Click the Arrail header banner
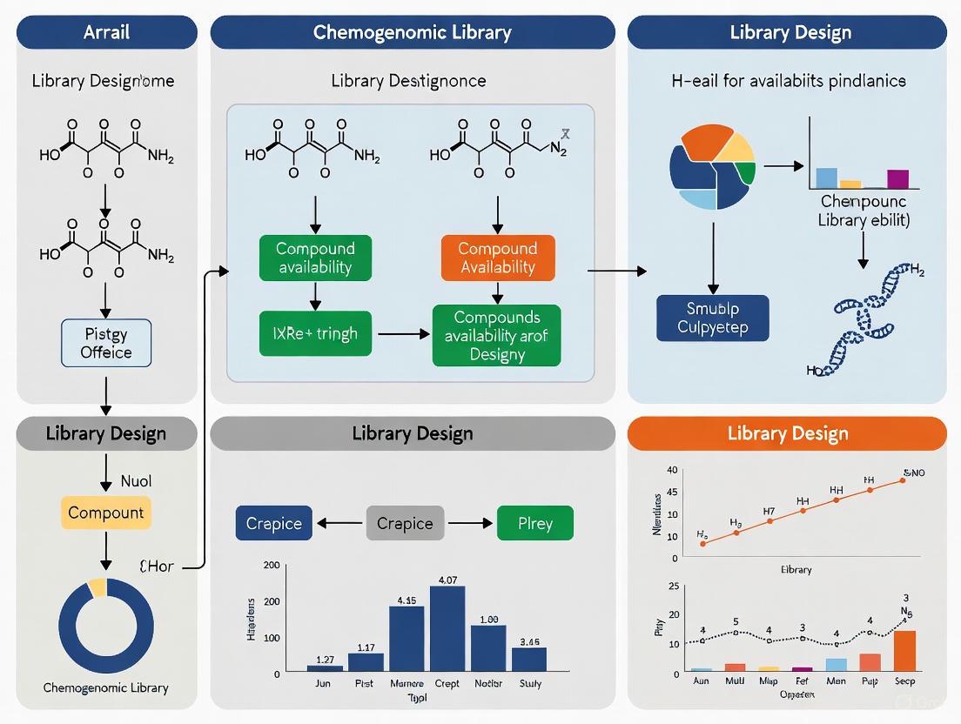click(x=107, y=33)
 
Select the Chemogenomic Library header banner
click(x=413, y=33)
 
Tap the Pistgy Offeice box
click(x=106, y=343)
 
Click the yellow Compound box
click(x=106, y=513)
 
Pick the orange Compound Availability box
click(x=497, y=258)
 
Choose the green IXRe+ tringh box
click(x=315, y=332)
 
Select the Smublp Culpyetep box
click(x=712, y=318)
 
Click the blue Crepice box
click(x=273, y=523)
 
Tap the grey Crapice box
click(x=405, y=523)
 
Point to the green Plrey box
click(x=535, y=523)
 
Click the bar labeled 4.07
click(x=447, y=627)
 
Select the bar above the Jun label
click(x=325, y=667)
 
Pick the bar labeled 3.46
click(x=529, y=659)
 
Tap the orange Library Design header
click(x=787, y=433)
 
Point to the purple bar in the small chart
click(x=897, y=179)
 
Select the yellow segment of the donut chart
click(x=97, y=587)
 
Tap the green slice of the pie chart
click(x=746, y=171)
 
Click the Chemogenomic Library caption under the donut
click(x=106, y=687)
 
